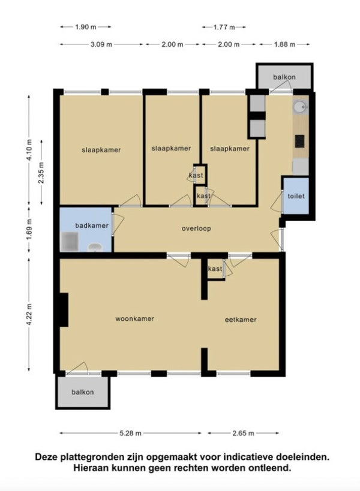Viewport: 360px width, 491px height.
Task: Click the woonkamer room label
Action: [x=134, y=319]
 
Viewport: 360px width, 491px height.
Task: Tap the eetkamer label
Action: [x=241, y=320]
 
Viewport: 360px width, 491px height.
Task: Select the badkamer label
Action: [x=92, y=225]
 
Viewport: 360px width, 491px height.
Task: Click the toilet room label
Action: [x=296, y=196]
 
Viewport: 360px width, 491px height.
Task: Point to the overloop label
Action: [x=196, y=228]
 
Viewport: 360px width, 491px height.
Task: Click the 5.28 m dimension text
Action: [x=130, y=433]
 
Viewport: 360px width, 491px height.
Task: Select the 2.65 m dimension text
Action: [x=243, y=433]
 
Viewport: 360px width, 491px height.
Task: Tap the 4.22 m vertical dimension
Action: [x=29, y=314]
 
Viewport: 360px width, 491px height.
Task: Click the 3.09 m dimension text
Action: [x=101, y=44]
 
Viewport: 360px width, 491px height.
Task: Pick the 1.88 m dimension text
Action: [x=284, y=44]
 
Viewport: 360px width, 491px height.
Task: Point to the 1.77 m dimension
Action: [x=224, y=27]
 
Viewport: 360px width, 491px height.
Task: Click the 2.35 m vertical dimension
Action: [x=41, y=173]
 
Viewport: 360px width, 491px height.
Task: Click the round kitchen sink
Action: [x=300, y=107]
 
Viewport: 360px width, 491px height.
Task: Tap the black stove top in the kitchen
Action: [x=300, y=141]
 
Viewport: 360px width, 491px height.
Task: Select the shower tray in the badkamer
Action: [x=70, y=242]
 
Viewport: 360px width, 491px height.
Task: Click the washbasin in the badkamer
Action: [x=95, y=248]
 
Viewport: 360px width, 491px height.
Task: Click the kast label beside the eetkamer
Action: [x=215, y=269]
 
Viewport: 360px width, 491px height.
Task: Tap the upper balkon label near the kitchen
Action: [x=284, y=77]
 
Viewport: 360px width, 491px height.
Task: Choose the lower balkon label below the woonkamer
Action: [x=82, y=392]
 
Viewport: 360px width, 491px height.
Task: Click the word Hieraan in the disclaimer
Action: [x=89, y=468]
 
